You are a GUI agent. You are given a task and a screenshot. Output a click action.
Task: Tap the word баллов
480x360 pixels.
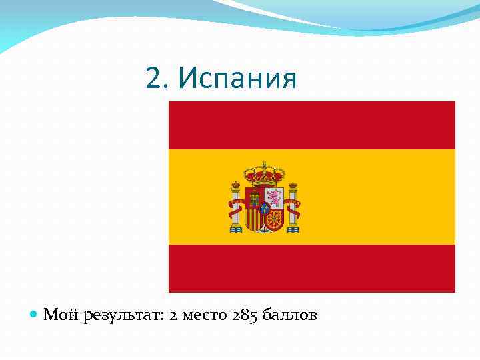(x=290, y=315)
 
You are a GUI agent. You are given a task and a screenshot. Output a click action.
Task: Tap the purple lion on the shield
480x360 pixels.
(x=273, y=197)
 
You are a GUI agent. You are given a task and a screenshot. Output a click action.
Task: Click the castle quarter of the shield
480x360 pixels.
(x=255, y=197)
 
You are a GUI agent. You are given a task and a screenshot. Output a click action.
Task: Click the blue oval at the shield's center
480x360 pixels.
(x=264, y=207)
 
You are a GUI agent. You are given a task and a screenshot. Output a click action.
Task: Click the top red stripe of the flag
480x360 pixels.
(x=312, y=125)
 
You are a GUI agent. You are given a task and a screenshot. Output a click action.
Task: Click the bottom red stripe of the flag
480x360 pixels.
(x=312, y=268)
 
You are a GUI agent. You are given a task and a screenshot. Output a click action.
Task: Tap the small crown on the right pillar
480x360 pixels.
(x=293, y=185)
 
